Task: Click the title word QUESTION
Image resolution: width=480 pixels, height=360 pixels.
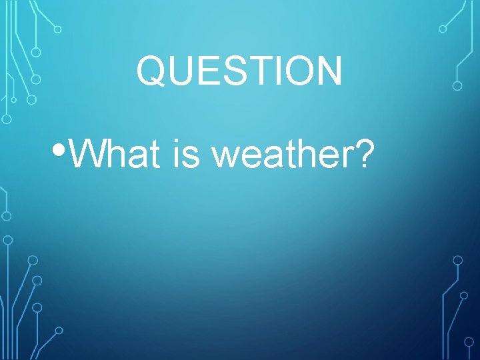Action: pyautogui.click(x=239, y=71)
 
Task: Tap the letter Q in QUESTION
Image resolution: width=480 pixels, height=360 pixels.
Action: pyautogui.click(x=151, y=71)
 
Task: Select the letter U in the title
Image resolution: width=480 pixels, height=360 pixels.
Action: pyautogui.click(x=180, y=71)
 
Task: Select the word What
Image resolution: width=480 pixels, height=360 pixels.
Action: pyautogui.click(x=114, y=155)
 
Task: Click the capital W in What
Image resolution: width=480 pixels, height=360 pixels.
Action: pyautogui.click(x=85, y=155)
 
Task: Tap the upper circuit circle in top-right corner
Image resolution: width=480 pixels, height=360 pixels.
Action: pyautogui.click(x=443, y=29)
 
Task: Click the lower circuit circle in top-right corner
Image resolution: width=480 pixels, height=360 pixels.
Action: pyautogui.click(x=457, y=85)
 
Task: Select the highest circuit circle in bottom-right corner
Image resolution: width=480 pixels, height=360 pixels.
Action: pyautogui.click(x=457, y=260)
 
